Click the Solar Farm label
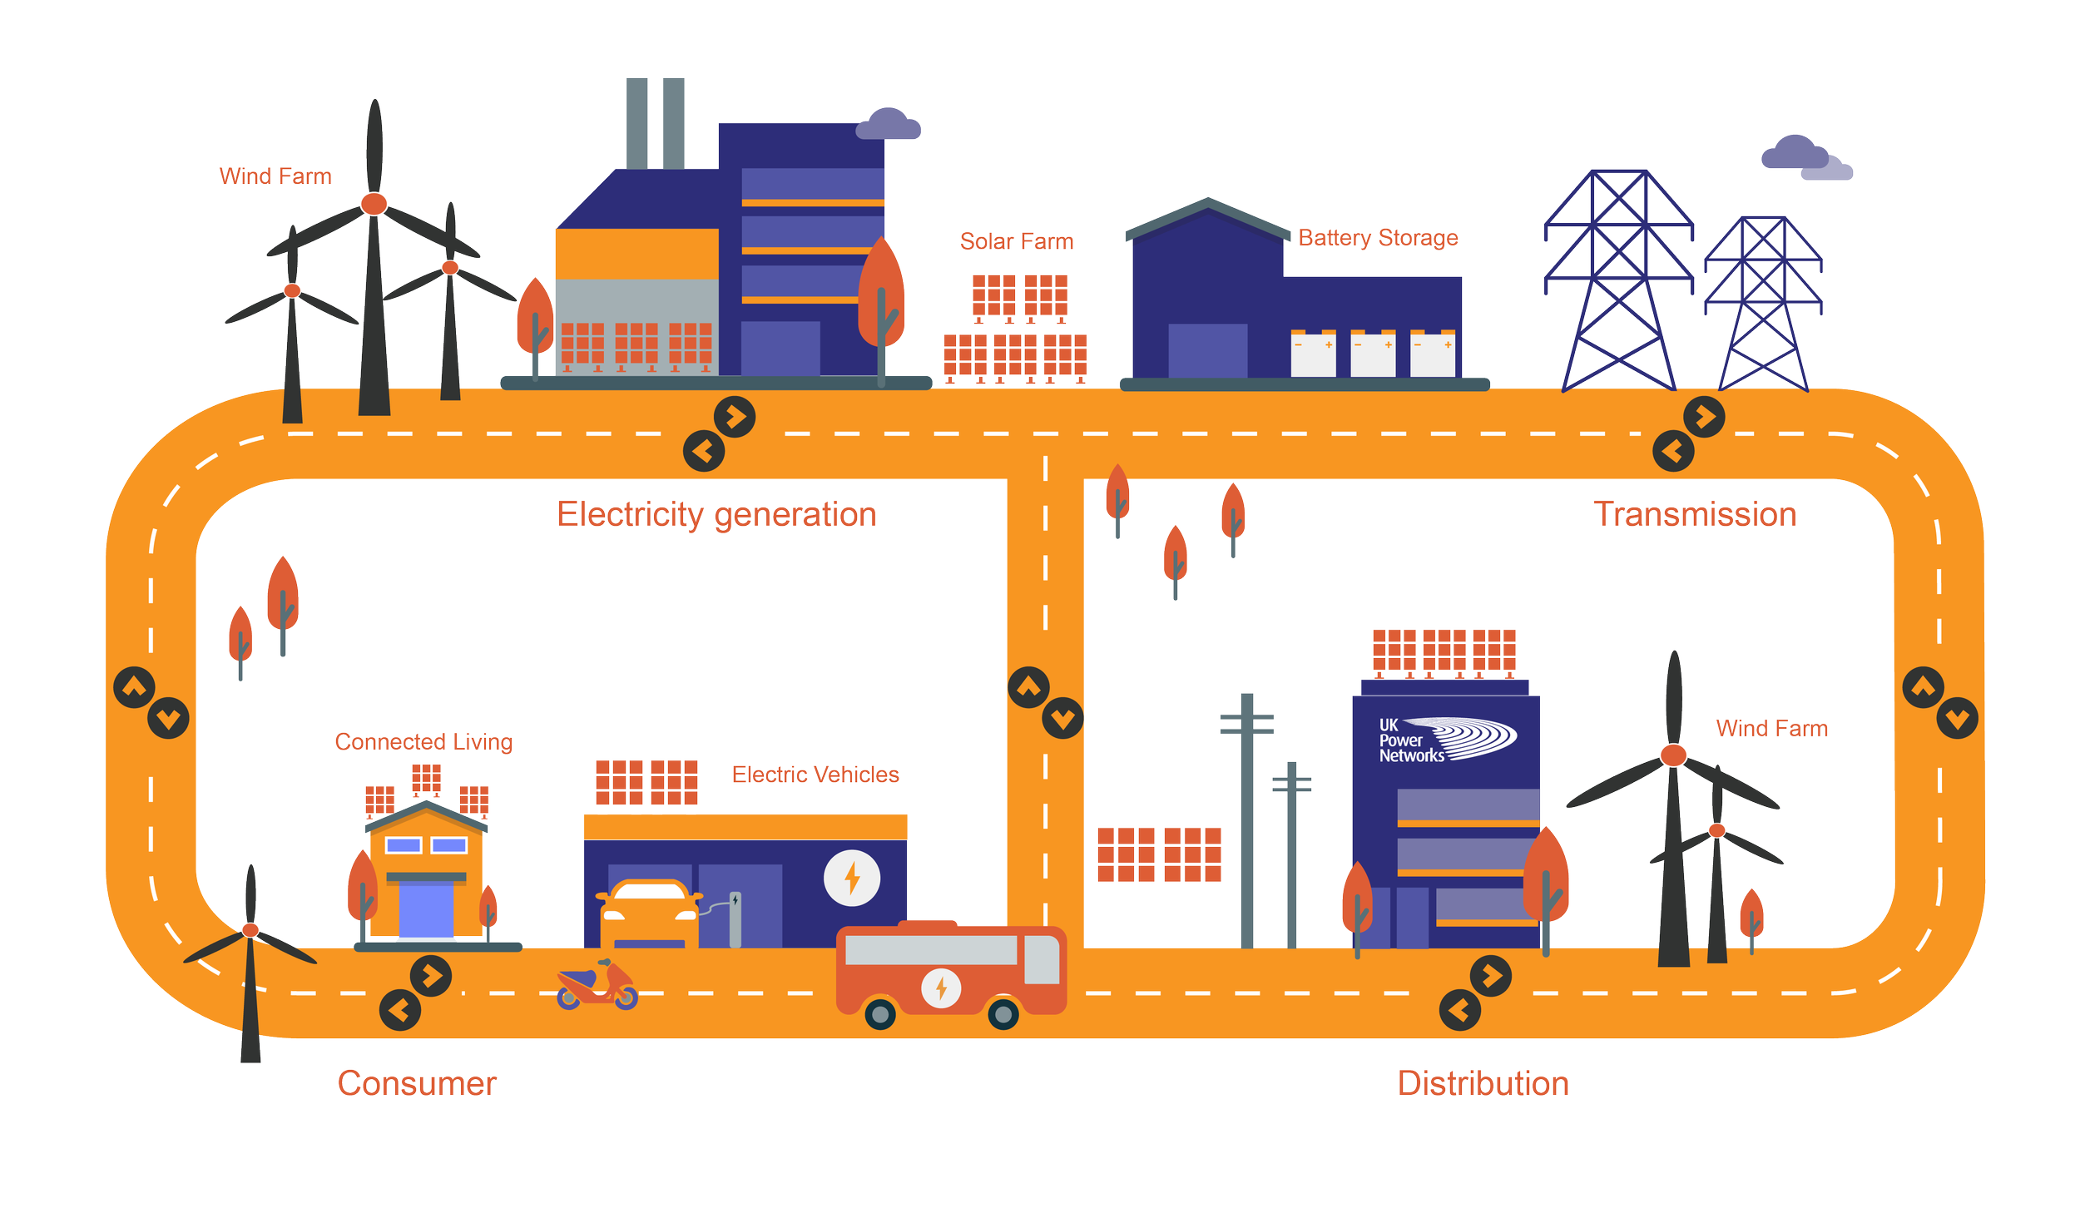1016,241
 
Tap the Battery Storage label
1378,238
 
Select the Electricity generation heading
716,514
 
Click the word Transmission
1695,514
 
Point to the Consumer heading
417,1083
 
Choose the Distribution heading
1483,1083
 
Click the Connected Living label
423,741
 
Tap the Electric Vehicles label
815,775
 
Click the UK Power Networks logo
1446,740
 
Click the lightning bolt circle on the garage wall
851,878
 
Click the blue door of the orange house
426,909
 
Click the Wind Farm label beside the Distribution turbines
1771,729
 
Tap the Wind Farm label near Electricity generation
275,176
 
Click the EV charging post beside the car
735,919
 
